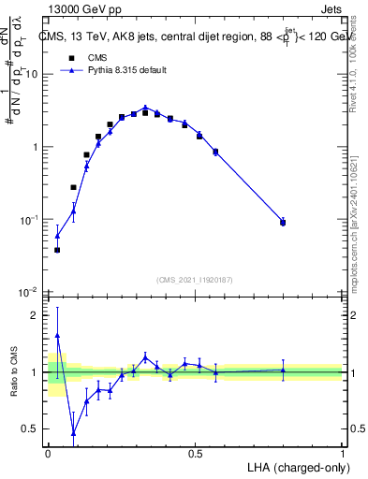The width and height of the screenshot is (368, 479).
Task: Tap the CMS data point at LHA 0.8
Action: pos(283,223)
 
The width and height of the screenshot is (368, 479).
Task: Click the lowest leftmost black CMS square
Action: pos(57,250)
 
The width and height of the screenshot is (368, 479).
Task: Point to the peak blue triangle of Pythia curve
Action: pos(145,108)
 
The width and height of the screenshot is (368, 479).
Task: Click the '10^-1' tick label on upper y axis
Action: pos(31,219)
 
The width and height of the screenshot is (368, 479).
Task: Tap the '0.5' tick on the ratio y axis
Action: pos(33,429)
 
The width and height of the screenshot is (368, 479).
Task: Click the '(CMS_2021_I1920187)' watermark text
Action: pos(195,278)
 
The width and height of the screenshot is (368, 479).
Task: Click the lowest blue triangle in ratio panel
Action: pos(74,433)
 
